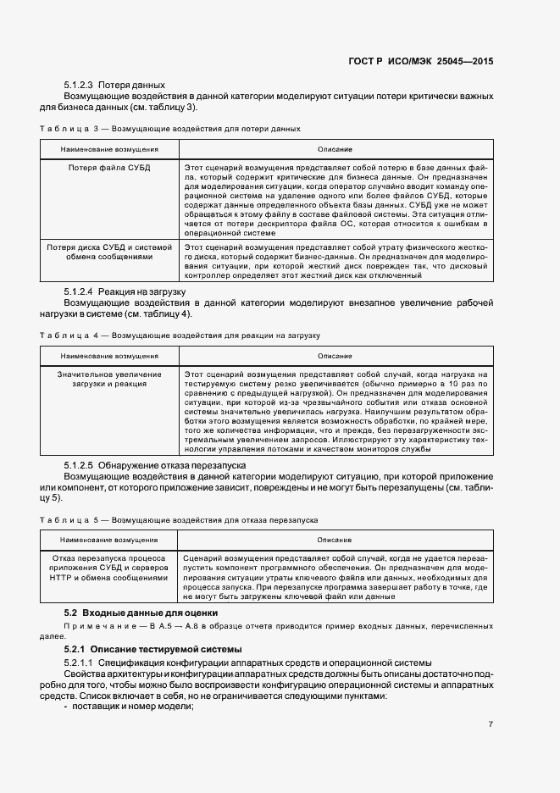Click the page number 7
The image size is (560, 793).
[491, 724]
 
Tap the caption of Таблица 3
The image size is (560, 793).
[170, 129]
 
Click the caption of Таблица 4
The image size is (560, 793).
[180, 335]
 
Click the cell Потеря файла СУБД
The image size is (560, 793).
[109, 168]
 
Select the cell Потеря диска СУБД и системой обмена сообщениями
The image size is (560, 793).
[109, 252]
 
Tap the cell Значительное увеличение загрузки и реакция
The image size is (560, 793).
[109, 379]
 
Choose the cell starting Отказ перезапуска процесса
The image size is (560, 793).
[109, 568]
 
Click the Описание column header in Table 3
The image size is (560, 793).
[335, 149]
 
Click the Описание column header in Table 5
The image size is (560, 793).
[335, 539]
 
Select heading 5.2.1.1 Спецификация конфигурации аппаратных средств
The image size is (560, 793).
[239, 661]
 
